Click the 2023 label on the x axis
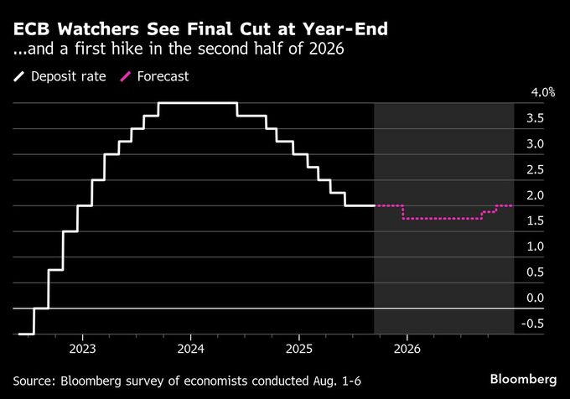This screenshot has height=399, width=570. point(82,347)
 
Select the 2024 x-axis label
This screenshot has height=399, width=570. point(190,347)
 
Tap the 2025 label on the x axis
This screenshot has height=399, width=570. point(299,347)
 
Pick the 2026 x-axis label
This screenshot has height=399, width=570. point(407,347)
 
